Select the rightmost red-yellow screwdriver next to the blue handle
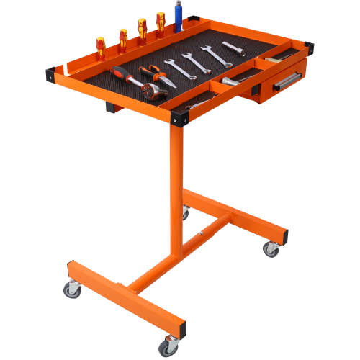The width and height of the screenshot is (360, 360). coord(161,23)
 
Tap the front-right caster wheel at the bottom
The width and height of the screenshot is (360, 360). coord(167,347)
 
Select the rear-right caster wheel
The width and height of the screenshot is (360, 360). coord(271,249)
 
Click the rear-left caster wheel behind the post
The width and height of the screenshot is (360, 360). coord(185,213)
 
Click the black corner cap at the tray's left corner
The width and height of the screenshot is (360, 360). coord(50,72)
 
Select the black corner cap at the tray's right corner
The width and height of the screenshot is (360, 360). coord(309,50)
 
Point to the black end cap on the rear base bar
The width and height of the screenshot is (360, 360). coord(285,236)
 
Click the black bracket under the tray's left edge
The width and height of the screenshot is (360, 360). coord(112,108)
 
